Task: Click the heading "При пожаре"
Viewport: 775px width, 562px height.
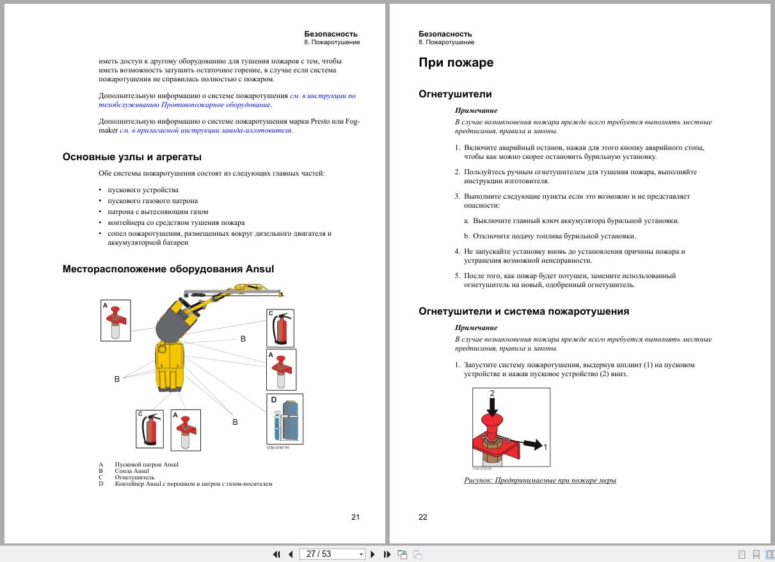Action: [x=456, y=63]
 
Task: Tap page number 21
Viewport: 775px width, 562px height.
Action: [x=356, y=517]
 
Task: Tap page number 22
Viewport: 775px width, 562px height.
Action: [x=423, y=517]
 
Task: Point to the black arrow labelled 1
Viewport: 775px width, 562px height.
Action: [x=530, y=443]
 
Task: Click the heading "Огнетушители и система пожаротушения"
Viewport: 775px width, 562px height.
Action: [x=523, y=311]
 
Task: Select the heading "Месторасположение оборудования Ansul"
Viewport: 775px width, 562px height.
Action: [x=168, y=269]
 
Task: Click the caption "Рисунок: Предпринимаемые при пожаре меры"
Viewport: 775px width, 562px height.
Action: [x=539, y=480]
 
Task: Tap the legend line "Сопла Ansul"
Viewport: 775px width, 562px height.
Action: [x=132, y=471]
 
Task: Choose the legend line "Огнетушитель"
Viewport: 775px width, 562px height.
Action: [x=134, y=477]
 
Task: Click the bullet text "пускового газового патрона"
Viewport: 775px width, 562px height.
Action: [x=152, y=201]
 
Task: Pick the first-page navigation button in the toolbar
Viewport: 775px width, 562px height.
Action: [x=276, y=554]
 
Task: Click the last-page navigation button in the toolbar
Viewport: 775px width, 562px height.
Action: [x=387, y=554]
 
